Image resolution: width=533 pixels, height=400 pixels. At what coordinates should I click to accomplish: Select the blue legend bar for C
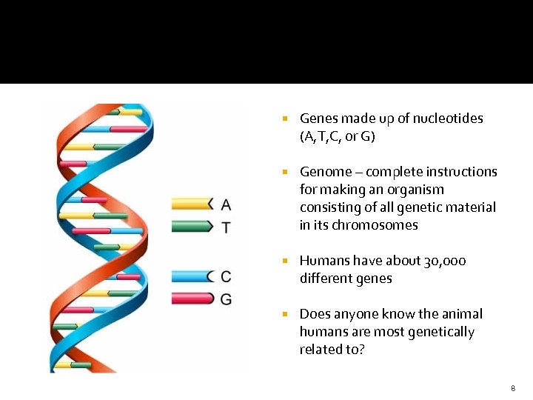(191, 276)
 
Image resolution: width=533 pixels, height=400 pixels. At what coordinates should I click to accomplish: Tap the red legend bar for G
(191, 299)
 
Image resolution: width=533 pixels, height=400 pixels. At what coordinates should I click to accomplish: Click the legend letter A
(226, 204)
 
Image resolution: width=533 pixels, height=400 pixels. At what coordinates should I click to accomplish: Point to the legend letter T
(226, 227)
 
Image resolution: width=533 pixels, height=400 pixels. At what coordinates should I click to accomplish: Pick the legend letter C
(226, 276)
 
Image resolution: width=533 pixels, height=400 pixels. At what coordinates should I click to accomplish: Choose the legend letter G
(226, 299)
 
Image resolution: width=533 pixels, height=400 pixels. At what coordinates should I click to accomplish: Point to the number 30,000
(445, 261)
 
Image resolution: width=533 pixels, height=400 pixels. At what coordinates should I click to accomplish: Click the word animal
(461, 314)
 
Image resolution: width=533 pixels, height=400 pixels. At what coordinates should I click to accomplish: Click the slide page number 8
(512, 389)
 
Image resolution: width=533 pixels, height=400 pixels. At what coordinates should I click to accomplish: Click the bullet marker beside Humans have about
(284, 261)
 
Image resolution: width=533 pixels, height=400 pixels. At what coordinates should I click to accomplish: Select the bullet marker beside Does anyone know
(284, 315)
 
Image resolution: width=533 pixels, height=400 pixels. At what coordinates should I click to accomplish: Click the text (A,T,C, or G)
(338, 136)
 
